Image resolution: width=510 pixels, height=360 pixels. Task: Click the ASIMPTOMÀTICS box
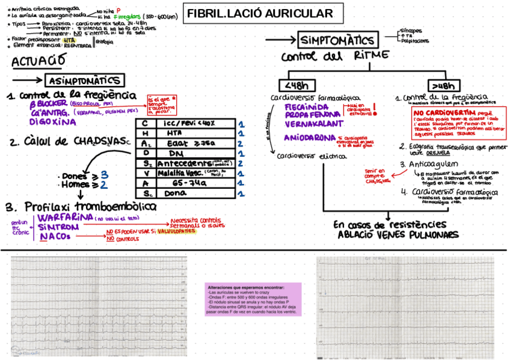(x=85, y=81)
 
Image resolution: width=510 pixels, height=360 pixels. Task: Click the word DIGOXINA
(x=54, y=121)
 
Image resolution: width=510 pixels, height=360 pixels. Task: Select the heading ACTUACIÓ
(x=37, y=62)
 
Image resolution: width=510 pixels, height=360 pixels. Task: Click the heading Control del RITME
(x=334, y=56)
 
